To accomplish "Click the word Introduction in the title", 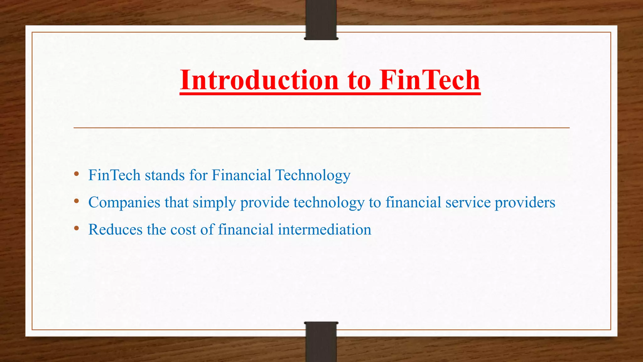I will (x=259, y=80).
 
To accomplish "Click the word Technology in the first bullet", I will (x=313, y=175).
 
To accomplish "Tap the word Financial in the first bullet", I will (x=241, y=175).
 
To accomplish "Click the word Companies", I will (x=124, y=203).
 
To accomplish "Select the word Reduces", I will (x=115, y=229).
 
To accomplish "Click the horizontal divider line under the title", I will (x=321, y=128).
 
